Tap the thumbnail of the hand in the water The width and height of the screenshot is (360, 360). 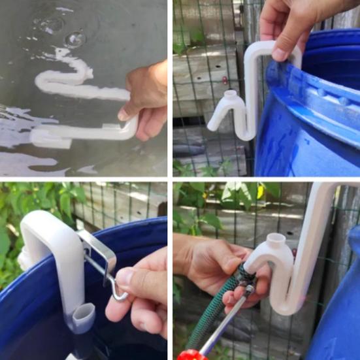pyautogui.click(x=123, y=114)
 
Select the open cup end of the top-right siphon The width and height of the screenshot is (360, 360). pyautogui.click(x=230, y=98)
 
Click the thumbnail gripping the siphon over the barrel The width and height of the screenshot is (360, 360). pyautogui.click(x=280, y=54)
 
